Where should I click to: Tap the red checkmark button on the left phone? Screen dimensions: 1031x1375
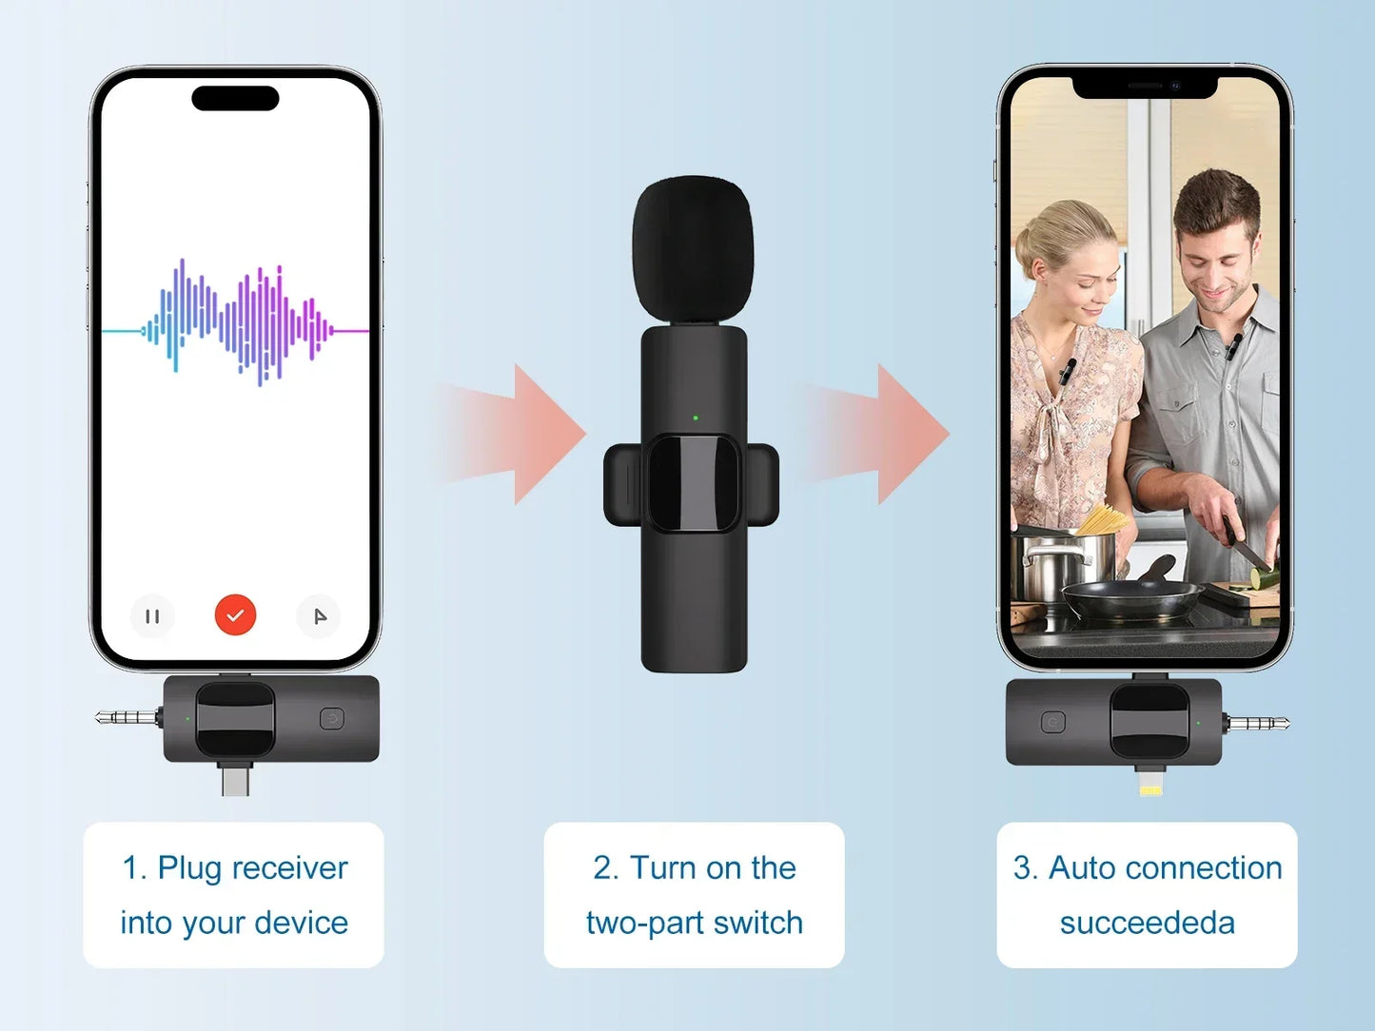[x=235, y=615]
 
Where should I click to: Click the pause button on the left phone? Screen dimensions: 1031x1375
[x=152, y=616]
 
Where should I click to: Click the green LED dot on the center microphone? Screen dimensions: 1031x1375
[x=696, y=418]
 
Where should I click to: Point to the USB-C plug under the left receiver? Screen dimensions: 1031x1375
[x=235, y=780]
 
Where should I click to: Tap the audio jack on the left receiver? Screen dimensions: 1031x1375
[x=128, y=717]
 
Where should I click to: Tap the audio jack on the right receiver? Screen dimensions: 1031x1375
[x=1257, y=724]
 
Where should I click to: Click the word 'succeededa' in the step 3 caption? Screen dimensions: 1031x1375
[x=1147, y=924]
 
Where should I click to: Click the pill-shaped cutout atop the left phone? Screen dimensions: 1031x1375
[x=235, y=98]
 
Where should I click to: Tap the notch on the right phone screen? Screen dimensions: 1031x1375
[x=1145, y=88]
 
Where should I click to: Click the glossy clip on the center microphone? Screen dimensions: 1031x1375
[x=693, y=483]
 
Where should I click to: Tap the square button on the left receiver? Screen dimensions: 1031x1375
[x=332, y=718]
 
